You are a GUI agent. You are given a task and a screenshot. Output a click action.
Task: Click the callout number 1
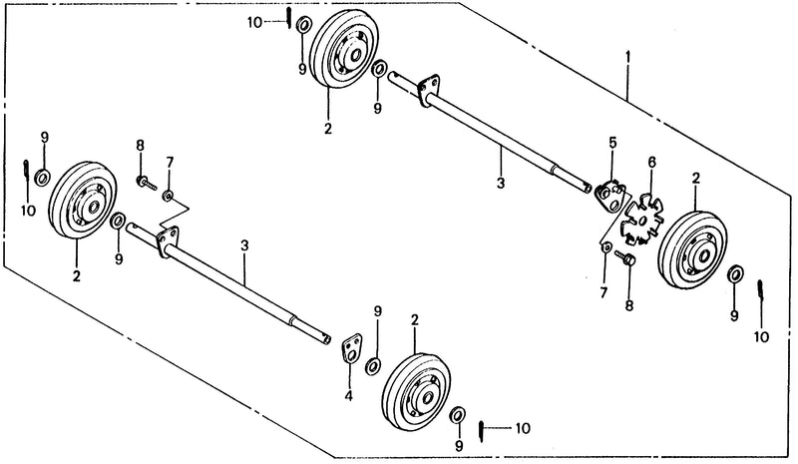(x=628, y=56)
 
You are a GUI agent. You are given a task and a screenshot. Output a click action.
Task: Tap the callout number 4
(x=348, y=395)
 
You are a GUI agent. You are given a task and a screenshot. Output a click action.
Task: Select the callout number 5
(x=612, y=142)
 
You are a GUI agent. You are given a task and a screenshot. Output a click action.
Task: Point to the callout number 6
(x=652, y=163)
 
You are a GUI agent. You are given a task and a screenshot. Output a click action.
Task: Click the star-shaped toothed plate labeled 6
(x=642, y=219)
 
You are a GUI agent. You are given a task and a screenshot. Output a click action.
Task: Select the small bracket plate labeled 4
(x=351, y=349)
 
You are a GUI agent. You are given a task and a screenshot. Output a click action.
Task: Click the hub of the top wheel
(x=353, y=55)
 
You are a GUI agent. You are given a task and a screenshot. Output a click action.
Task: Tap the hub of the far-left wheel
(x=93, y=208)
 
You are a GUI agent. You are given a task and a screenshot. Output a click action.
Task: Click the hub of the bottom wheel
(x=427, y=398)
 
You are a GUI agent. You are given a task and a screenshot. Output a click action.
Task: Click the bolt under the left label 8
(x=146, y=183)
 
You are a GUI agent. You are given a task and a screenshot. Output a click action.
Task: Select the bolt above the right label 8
(x=625, y=256)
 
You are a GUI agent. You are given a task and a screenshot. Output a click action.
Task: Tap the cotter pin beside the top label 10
(x=288, y=18)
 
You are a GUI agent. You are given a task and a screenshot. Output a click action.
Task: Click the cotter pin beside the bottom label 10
(x=482, y=431)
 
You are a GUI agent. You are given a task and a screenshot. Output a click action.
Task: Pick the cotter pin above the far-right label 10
(x=760, y=291)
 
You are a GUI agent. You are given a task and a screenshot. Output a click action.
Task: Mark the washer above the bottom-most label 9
(x=458, y=414)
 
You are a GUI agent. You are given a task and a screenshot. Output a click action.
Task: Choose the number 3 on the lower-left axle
(x=244, y=245)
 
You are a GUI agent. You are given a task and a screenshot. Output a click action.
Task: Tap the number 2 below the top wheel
(x=328, y=128)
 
